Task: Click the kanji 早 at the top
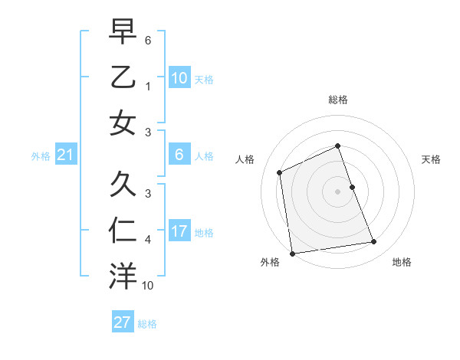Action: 123,32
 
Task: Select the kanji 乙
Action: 123,77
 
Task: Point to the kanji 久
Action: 123,185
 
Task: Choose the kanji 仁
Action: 123,230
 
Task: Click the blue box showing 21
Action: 65,155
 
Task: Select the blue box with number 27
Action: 123,322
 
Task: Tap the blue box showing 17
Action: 179,231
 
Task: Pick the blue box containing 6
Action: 179,155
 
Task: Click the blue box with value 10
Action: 179,77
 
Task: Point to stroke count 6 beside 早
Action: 148,39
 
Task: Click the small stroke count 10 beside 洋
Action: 148,286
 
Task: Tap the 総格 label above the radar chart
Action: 338,100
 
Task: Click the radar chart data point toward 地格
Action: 374,242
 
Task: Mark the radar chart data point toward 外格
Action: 292,254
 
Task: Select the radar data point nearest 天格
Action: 352,187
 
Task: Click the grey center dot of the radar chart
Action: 338,191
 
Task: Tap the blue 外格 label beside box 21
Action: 41,156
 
